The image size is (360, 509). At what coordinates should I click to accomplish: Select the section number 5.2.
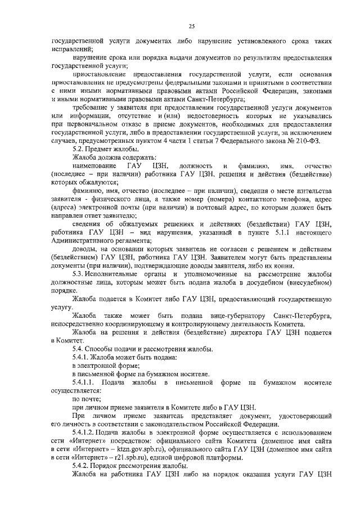[x=80, y=148]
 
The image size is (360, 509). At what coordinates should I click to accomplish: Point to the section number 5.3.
[x=80, y=273]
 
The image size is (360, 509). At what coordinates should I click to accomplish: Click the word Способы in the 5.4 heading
[x=103, y=349]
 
